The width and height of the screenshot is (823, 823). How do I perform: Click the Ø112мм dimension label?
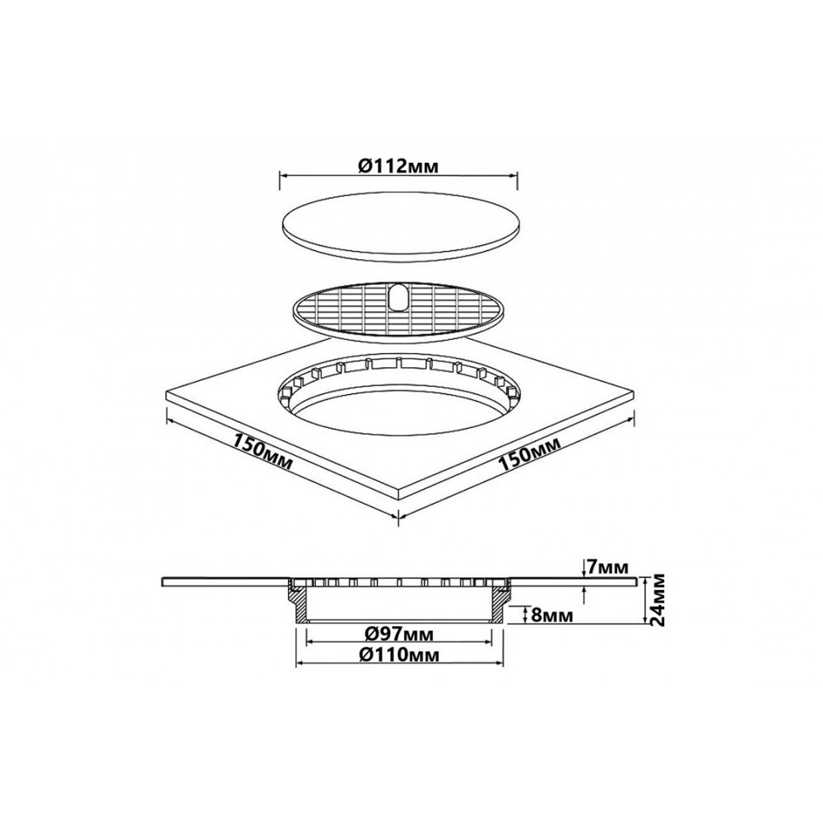tap(398, 166)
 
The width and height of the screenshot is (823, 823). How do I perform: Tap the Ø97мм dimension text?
tap(399, 634)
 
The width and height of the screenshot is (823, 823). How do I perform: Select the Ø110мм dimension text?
tap(399, 654)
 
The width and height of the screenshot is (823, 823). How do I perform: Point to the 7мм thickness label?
tap(608, 567)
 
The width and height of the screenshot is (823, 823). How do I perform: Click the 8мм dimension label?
tap(552, 615)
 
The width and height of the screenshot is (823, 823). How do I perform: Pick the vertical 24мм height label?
tap(657, 599)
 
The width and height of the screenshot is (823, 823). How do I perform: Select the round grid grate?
tap(398, 309)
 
